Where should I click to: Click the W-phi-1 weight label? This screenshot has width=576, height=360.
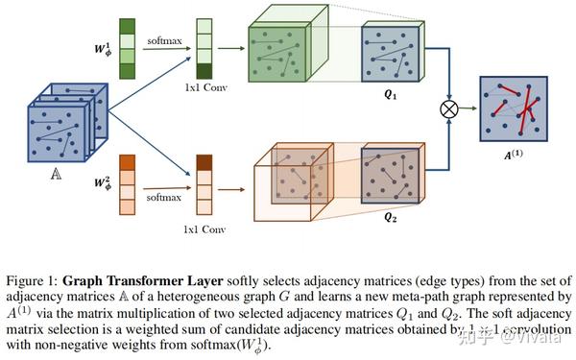tap(103, 47)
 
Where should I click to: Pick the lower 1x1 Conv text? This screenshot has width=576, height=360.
tap(204, 231)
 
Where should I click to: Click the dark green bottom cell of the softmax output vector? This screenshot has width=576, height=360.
tap(204, 71)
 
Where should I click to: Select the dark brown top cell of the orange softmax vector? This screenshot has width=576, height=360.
tap(204, 162)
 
